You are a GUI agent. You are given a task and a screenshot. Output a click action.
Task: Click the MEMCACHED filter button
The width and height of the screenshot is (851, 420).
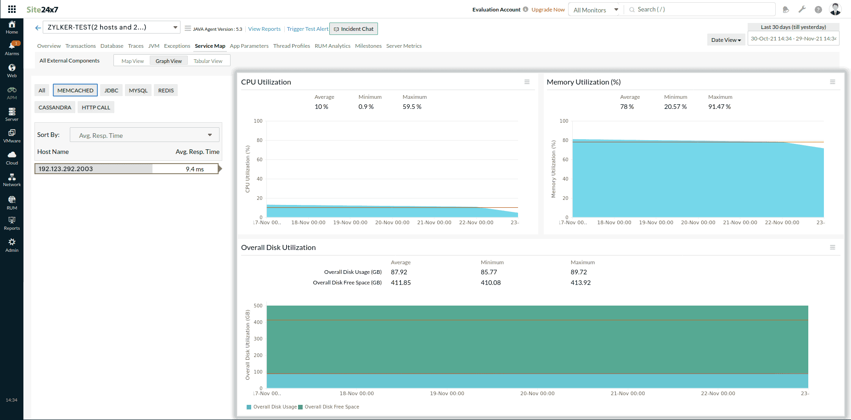75,91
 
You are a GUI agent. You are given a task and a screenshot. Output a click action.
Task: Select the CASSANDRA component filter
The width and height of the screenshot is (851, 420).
55,108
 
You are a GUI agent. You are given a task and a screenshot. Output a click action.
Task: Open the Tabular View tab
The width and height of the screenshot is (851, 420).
208,61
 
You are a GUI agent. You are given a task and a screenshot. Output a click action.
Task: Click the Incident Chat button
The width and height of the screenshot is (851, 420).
354,29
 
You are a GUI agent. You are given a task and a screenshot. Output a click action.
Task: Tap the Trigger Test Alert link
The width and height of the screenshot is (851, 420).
307,29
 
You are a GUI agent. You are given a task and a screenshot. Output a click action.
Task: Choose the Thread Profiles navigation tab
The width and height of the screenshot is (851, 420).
291,46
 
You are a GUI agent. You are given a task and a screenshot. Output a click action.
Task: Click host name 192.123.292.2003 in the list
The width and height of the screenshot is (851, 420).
66,169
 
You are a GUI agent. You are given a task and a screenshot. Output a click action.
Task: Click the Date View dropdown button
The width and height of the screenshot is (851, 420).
726,40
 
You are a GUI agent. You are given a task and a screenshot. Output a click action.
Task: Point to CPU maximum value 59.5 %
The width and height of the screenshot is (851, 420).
412,107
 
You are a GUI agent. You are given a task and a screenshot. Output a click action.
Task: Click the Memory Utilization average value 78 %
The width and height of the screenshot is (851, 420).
626,107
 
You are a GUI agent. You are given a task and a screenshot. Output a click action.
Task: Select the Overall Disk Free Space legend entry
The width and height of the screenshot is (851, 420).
332,407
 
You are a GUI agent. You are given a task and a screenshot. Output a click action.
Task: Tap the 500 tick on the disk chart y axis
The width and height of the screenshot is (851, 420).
258,306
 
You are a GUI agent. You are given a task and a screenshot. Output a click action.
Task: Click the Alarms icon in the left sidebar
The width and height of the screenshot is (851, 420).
12,47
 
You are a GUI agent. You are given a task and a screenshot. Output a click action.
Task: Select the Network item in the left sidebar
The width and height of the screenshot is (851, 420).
12,180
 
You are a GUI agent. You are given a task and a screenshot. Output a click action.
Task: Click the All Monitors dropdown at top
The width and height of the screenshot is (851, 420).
595,10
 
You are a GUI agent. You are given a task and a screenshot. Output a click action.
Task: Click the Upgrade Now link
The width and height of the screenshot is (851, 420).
548,10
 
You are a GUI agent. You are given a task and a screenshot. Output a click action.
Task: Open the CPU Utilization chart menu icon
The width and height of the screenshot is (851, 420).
527,82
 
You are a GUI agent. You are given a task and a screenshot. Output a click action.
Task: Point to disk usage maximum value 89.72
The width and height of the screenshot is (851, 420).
579,272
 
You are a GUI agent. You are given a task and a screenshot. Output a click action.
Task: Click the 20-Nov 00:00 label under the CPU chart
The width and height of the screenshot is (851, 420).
392,222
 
